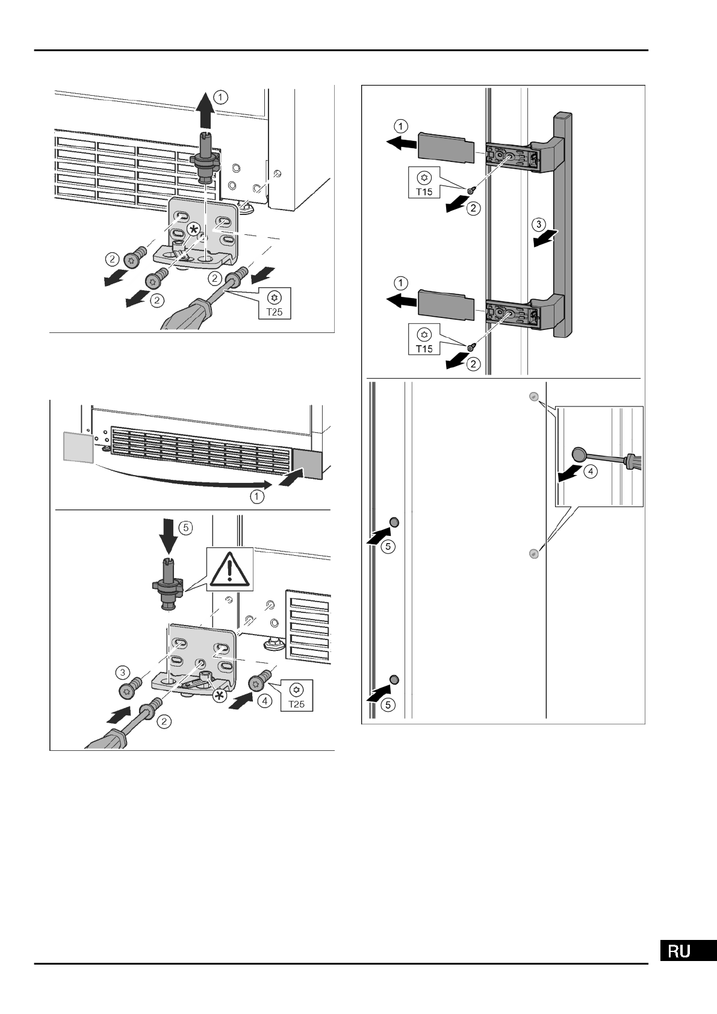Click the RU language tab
(x=686, y=951)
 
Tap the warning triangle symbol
(x=228, y=568)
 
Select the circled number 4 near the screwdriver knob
(x=591, y=472)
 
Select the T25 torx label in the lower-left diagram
(x=296, y=695)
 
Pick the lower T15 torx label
(x=425, y=340)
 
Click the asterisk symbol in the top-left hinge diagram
(x=194, y=229)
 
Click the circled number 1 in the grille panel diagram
(x=257, y=497)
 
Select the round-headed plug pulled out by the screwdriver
(x=580, y=454)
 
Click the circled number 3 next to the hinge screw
(x=123, y=671)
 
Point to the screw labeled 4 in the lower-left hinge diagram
(x=258, y=683)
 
